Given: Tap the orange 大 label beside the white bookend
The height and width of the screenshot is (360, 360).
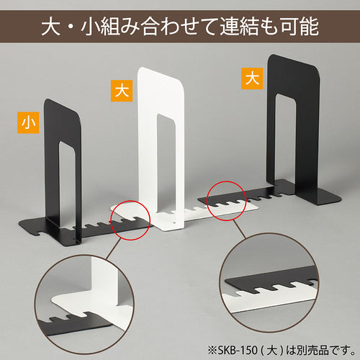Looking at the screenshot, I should pos(122,91).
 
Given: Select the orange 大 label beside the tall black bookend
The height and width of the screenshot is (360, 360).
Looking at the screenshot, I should pos(251,78).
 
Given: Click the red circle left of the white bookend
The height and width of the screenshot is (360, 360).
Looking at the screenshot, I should pos(129,220).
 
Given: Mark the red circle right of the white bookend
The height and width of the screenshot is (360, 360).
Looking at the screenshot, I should pos(229,200).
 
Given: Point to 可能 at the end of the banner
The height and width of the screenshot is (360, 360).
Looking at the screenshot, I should pos(302,31).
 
